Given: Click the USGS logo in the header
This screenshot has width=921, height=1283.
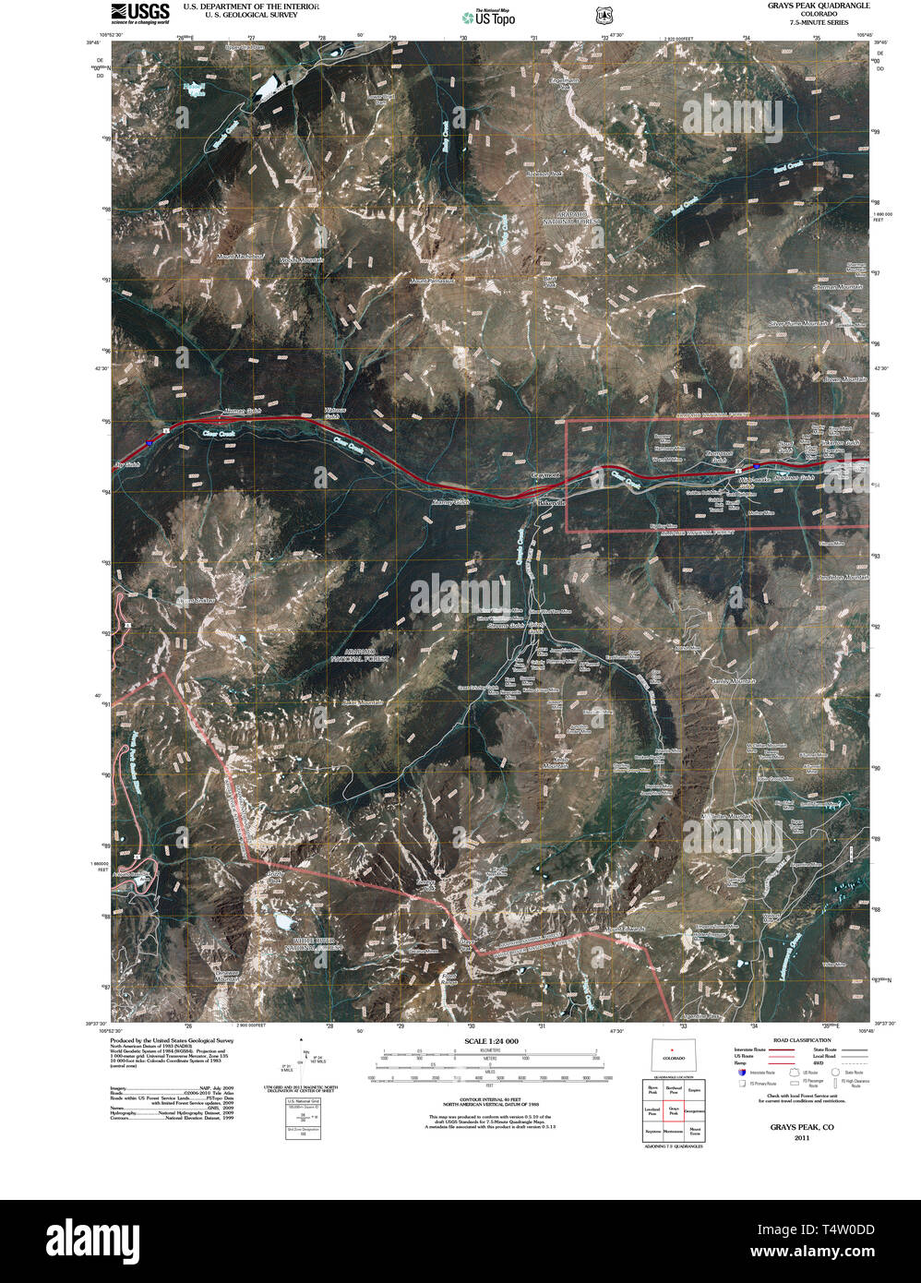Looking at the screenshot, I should click(140, 12).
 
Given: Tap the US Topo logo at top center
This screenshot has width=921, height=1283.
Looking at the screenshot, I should click(489, 16).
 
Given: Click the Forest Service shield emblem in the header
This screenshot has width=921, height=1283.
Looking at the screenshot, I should click(604, 16).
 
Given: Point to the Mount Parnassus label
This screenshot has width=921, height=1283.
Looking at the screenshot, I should click(434, 280).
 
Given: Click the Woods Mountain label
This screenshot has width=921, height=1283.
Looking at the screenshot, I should click(302, 261).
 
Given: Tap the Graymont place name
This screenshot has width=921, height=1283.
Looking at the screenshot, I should click(545, 475).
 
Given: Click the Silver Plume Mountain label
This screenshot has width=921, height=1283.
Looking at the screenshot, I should click(799, 324).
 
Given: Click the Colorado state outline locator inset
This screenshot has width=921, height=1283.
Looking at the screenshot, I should click(673, 1055).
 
